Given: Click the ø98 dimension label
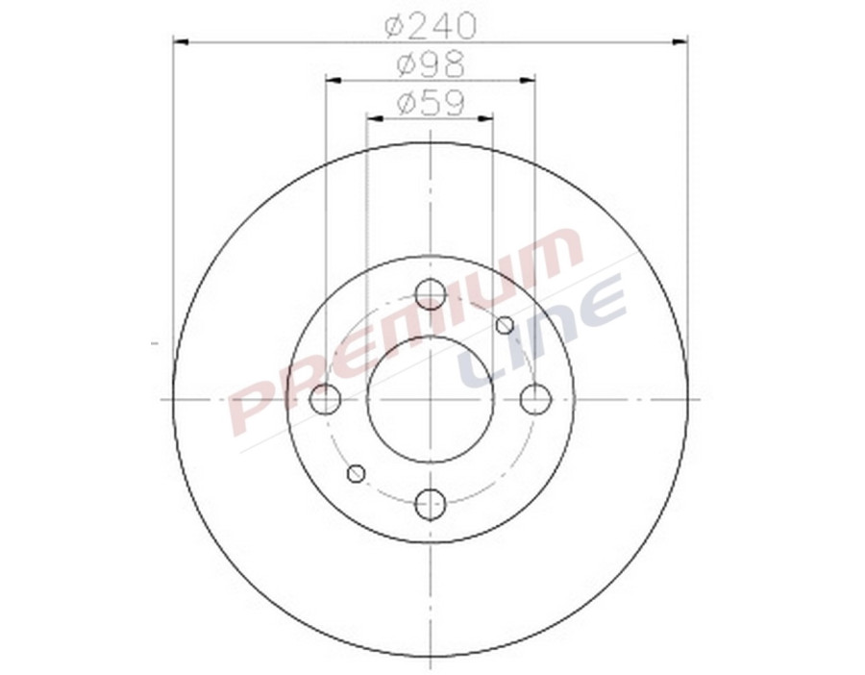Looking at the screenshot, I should (431, 65).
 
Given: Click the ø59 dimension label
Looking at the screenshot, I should (431, 102).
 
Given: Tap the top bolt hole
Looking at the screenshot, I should (431, 294).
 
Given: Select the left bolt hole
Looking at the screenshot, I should (327, 398).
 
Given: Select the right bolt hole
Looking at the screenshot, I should (534, 398).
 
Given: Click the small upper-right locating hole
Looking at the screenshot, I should (505, 325).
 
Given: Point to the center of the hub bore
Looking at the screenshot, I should (431, 398).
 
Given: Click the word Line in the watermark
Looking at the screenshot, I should (544, 333).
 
